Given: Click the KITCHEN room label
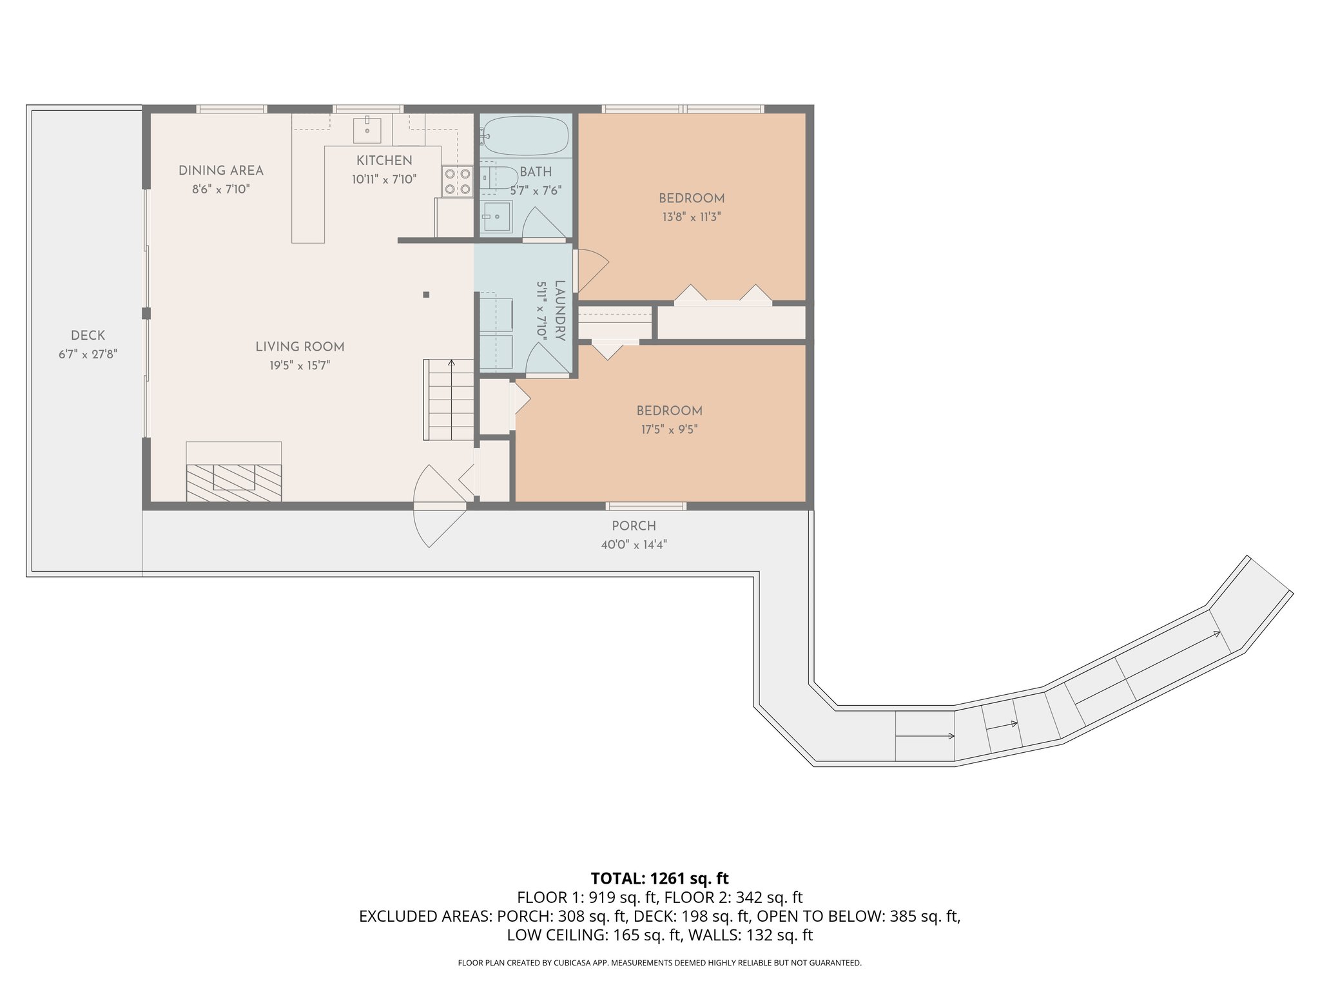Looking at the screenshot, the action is click(384, 160).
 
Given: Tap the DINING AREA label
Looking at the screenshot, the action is click(221, 171).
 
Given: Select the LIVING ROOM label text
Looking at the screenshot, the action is click(300, 347).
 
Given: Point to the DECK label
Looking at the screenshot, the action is click(88, 335).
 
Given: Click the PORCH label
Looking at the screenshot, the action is click(634, 526).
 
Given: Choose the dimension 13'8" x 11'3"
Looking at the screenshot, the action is click(692, 217).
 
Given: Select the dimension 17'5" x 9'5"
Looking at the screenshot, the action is click(669, 429).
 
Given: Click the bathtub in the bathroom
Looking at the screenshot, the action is click(525, 135).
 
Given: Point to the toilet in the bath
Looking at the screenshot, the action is click(499, 177).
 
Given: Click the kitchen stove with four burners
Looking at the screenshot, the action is click(457, 181).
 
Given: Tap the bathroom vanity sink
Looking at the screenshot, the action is click(496, 217).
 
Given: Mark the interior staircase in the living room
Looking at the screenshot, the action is click(449, 400).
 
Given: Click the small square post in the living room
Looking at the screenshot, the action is click(426, 295).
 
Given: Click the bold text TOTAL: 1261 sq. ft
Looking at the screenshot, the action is click(659, 878).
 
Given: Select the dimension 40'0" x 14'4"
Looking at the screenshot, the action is click(634, 545).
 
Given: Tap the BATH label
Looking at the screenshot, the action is click(536, 172).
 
